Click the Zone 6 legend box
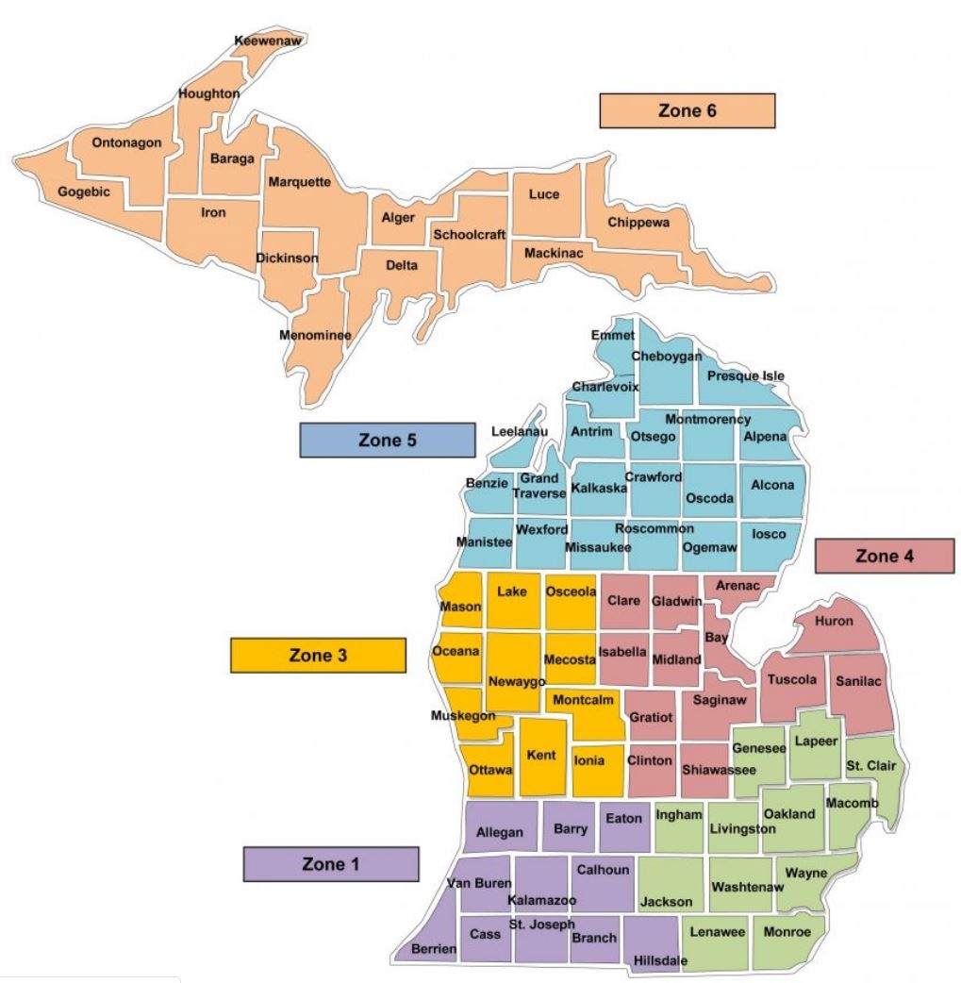click(x=687, y=110)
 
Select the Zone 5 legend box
click(x=387, y=441)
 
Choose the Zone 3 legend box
click(x=318, y=656)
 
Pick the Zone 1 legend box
click(x=330, y=863)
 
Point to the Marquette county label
click(x=298, y=181)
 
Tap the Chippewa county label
click(x=638, y=223)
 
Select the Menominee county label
click(x=309, y=335)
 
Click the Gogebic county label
click(x=84, y=192)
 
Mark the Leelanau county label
click(x=520, y=431)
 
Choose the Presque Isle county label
click(x=746, y=376)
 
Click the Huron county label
click(x=833, y=621)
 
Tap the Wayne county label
click(x=806, y=873)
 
